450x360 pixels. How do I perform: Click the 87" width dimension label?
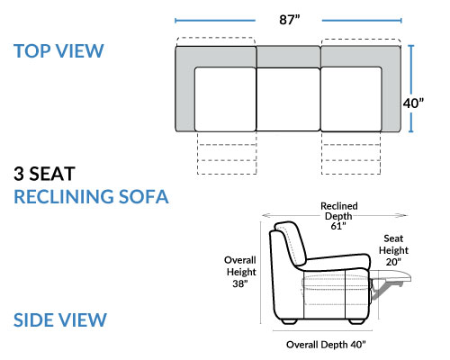click(290, 20)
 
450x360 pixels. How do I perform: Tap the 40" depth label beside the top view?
click(413, 103)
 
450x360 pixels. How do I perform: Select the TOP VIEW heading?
click(58, 51)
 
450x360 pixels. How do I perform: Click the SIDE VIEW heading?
click(60, 319)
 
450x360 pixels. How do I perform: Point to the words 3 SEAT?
click(44, 174)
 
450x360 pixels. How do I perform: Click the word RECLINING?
click(64, 197)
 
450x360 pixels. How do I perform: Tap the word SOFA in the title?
click(144, 197)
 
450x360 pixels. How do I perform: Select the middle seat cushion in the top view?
click(288, 99)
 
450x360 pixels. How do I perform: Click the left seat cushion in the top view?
click(226, 99)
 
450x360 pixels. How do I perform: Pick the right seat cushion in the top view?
click(351, 99)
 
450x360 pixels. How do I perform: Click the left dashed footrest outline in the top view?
click(227, 153)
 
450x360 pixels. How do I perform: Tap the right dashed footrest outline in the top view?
click(351, 153)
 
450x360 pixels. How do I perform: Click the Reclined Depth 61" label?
click(339, 216)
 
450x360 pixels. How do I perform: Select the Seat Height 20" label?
click(393, 250)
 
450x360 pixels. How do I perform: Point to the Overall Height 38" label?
click(240, 272)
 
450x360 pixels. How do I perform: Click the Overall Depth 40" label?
click(326, 345)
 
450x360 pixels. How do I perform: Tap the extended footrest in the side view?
click(390, 276)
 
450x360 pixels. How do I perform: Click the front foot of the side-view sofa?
click(356, 321)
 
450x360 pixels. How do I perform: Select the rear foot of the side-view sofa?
click(290, 321)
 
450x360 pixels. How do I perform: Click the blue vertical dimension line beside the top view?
click(411, 89)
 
